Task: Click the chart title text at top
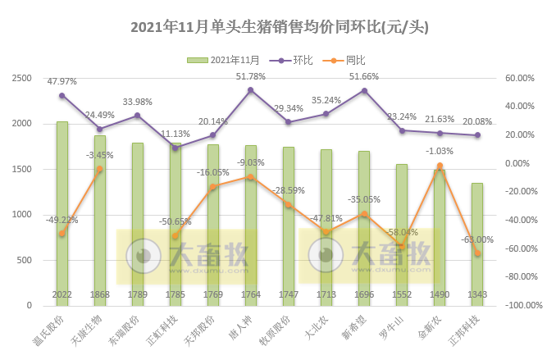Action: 280,27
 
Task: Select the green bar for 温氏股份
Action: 62,213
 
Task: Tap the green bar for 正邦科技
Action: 476,244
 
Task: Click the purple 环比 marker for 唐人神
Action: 251,90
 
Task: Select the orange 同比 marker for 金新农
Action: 440,166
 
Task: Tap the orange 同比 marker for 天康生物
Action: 100,169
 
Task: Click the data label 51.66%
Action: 364,76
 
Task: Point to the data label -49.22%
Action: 62,220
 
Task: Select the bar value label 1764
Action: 251,294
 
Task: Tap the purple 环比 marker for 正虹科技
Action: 175,148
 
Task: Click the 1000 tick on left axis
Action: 21,215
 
